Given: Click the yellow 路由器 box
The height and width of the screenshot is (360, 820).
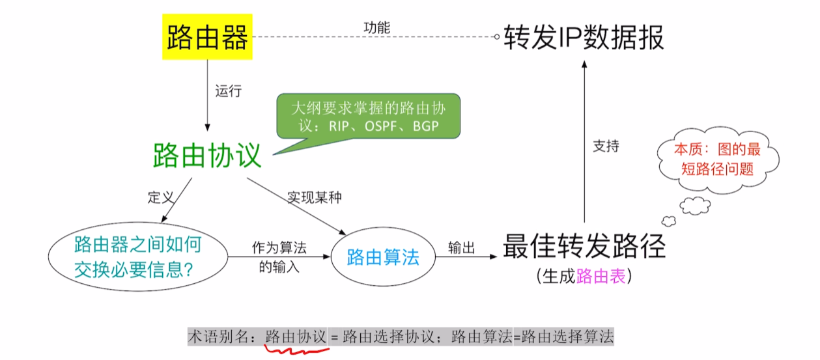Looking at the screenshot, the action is (x=207, y=36).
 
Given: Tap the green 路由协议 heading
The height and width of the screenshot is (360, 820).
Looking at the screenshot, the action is (x=207, y=156).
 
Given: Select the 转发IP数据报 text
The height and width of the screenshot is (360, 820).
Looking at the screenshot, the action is (x=584, y=37).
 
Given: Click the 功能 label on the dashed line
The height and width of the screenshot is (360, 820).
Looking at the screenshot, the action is (x=376, y=28).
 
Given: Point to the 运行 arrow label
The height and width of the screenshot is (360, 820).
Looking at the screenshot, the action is (x=229, y=91).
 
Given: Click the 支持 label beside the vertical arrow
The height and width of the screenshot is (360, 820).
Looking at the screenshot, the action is (x=606, y=146).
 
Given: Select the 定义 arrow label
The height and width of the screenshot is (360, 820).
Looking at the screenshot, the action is (x=160, y=197).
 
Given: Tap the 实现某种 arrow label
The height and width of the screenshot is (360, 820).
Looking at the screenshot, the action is (x=315, y=197).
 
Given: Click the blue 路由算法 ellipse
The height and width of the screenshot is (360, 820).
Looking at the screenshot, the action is (x=383, y=257).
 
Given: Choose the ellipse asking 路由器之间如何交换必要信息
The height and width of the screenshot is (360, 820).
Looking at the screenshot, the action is (x=138, y=256).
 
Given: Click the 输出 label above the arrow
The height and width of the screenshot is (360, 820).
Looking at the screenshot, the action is (x=461, y=247).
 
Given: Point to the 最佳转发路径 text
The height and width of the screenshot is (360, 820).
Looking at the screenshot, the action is (x=584, y=246).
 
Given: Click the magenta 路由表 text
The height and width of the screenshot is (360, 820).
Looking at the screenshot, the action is (x=601, y=276).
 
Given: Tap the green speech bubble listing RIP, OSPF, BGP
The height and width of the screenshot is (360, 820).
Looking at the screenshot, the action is (x=368, y=116).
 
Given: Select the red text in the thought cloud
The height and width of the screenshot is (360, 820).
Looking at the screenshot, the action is (x=718, y=159).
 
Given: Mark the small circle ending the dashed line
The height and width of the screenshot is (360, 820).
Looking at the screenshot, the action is (x=497, y=36).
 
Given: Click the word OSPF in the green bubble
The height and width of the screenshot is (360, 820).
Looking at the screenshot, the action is (x=381, y=126).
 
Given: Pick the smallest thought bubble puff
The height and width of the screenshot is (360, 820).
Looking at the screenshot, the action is (x=669, y=221).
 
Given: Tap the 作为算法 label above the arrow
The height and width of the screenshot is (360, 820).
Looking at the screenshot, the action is (x=279, y=247).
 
